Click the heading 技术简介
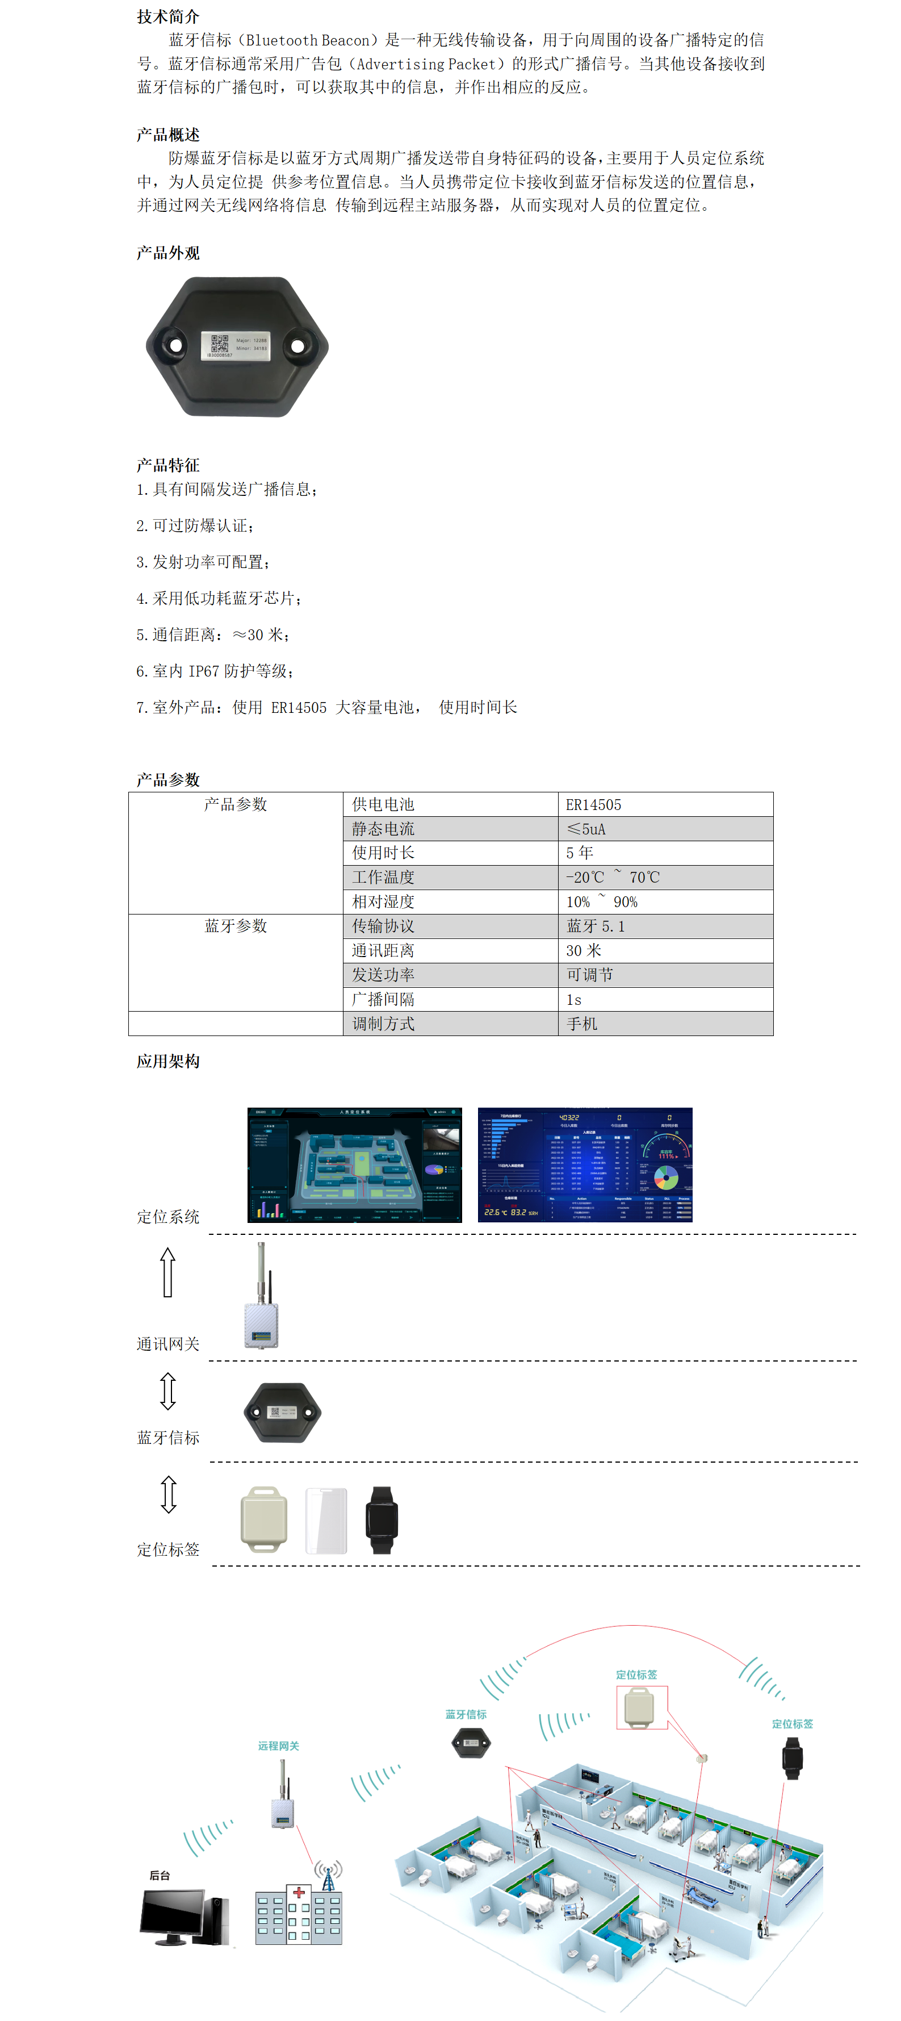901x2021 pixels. pos(168,16)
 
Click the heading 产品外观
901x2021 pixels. pos(168,253)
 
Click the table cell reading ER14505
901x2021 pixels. pos(664,804)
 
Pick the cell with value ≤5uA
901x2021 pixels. pos(664,829)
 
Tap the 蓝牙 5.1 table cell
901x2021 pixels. pos(664,926)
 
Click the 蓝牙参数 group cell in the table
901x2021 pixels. pos(235,926)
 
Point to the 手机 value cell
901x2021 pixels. pos(664,1023)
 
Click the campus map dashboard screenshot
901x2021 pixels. pos(354,1164)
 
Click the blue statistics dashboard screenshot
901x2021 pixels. pos(584,1164)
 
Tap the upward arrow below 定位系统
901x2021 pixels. pos(167,1272)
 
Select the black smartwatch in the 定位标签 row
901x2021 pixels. pos(382,1519)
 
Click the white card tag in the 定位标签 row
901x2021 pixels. pos(325,1519)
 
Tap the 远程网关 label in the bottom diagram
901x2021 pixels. pos(278,1746)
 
